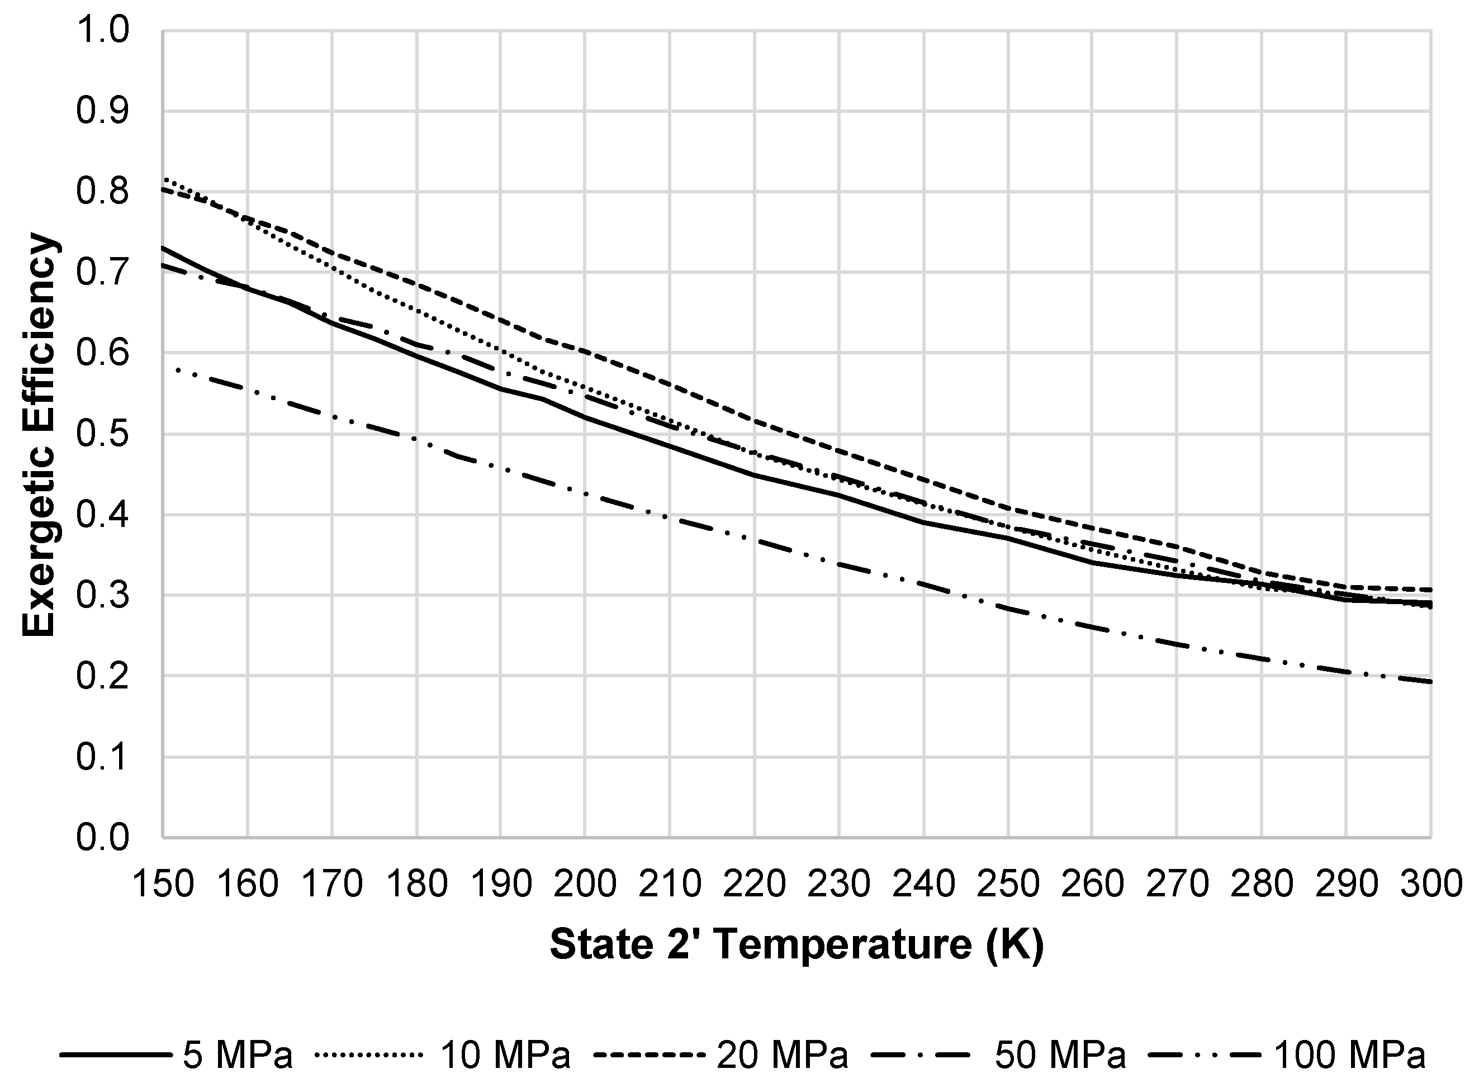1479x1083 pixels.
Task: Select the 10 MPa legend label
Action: (505, 1055)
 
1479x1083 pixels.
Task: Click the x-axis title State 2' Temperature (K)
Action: (796, 944)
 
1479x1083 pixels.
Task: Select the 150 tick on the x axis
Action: (163, 883)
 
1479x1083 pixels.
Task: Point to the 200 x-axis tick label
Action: (585, 883)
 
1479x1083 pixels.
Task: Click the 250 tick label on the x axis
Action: (1008, 883)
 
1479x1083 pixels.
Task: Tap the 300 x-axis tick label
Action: (1430, 883)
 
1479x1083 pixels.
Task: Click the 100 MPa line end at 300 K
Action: (1429, 682)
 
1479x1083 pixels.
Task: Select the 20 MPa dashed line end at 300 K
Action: (1429, 590)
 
